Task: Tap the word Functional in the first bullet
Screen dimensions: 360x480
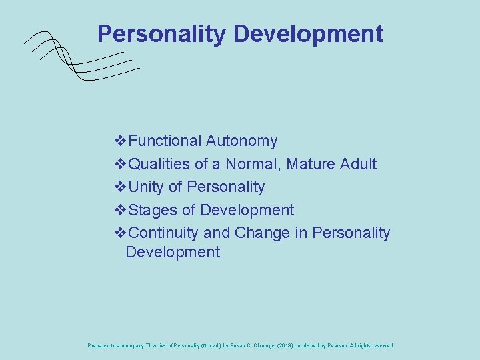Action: click(165, 141)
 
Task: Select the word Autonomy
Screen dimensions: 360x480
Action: click(242, 141)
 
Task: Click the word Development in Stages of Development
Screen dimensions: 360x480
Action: click(247, 210)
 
